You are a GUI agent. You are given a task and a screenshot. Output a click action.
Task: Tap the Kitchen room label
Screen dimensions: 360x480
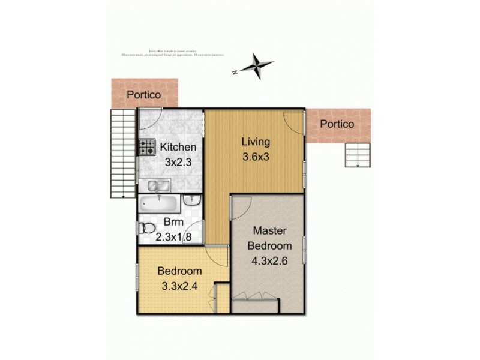[177, 147]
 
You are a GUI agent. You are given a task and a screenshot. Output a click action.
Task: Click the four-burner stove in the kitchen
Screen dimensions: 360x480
[147, 147]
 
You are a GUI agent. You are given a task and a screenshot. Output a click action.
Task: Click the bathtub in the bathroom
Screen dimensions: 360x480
[158, 205]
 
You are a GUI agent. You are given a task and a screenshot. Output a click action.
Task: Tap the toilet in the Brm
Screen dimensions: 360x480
[145, 229]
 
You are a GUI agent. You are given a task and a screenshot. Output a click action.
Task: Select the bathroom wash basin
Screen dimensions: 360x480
[191, 202]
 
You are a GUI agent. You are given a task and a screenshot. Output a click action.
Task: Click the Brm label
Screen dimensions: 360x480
[173, 223]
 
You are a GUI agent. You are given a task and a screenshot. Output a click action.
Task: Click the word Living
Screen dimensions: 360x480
[256, 142]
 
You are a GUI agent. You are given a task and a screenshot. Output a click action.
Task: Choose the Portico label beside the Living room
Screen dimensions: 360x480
[337, 124]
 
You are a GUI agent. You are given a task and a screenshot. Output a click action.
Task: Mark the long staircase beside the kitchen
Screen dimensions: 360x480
[122, 153]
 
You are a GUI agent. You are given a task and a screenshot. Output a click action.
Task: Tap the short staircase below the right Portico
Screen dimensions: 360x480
[358, 156]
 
